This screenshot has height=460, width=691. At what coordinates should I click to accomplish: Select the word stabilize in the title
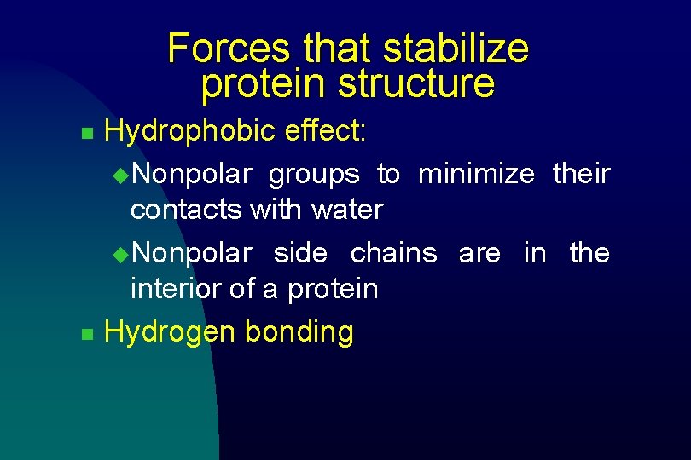click(456, 49)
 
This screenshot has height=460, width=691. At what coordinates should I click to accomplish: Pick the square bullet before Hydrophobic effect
click(84, 134)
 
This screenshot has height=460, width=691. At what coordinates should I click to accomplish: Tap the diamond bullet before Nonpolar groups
click(119, 175)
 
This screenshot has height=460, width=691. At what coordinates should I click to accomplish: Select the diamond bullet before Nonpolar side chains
click(119, 255)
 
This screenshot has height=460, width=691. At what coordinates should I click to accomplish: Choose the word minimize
click(476, 175)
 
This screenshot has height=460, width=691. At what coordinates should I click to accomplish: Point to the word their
click(581, 175)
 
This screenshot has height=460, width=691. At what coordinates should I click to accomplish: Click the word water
click(347, 210)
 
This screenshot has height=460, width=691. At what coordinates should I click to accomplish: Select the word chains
click(393, 254)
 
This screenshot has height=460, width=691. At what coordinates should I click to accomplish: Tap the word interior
click(176, 289)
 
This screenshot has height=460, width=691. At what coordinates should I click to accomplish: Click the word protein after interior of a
click(332, 290)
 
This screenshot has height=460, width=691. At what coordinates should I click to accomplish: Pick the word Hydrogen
click(170, 332)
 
